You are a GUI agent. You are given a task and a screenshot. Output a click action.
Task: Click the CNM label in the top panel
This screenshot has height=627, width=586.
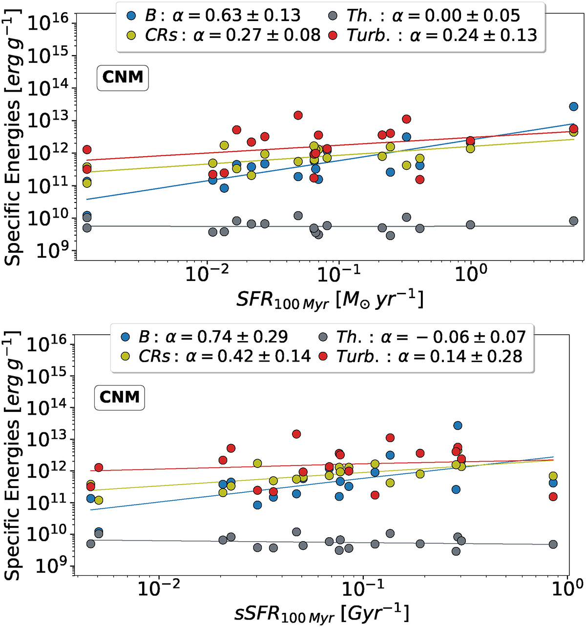coord(123,77)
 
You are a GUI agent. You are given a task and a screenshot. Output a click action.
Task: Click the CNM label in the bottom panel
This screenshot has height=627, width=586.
coord(120,397)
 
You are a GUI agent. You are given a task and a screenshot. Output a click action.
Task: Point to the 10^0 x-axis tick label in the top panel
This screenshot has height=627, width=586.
coord(471,274)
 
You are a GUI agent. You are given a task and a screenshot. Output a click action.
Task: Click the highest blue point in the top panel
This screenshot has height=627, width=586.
coord(574,106)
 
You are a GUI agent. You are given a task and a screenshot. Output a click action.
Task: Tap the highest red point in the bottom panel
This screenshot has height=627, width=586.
coord(296,434)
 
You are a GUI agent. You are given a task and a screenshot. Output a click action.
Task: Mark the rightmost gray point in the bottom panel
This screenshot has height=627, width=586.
coord(553,544)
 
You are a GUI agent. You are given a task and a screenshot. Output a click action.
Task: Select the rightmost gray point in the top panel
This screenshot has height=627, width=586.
coord(574,221)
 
